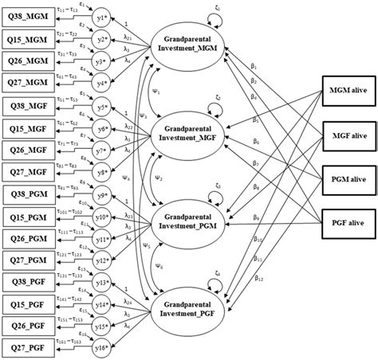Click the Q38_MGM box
tap(26, 17)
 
